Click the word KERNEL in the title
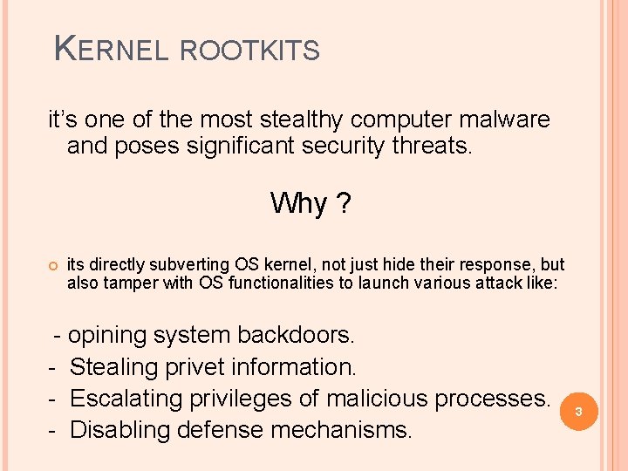tap(112, 50)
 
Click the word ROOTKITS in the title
tap(249, 51)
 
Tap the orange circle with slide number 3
tap(576, 411)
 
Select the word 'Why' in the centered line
tap(298, 203)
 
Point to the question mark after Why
tap(345, 203)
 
